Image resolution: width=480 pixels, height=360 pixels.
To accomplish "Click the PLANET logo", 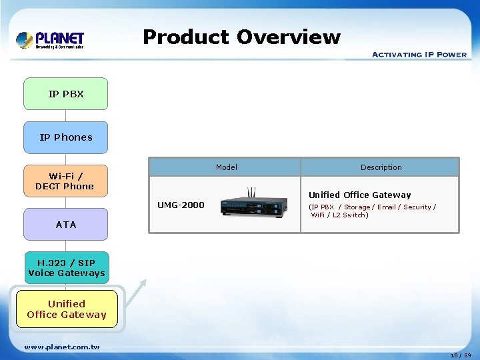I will point(50,39).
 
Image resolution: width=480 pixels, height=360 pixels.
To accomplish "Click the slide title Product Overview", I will point(241,37).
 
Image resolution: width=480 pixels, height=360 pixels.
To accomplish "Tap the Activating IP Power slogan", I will point(419,55).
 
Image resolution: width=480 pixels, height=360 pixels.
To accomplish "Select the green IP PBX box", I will point(65,94).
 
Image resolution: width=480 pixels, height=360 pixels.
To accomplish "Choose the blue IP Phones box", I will point(65,137).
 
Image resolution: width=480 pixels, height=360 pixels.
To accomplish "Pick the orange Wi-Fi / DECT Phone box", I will point(65,181).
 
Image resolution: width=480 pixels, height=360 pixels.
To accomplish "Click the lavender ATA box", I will point(65,225).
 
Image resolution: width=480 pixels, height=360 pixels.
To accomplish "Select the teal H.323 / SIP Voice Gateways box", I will point(66,268).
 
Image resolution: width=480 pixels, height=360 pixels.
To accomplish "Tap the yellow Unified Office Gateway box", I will point(67,309).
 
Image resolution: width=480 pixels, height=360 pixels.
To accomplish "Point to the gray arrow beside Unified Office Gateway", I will point(137,293).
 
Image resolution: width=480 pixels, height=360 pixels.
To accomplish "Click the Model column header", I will point(226,167).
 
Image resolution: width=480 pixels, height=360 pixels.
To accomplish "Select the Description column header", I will point(381,167).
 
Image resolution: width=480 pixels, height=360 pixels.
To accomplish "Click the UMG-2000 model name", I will point(181,205).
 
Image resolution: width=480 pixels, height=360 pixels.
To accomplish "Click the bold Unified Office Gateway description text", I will point(359,195).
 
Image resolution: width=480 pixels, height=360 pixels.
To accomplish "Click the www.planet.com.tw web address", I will point(62,347).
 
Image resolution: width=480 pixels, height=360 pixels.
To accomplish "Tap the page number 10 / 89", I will point(460,355).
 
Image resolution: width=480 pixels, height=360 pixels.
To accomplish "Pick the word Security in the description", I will point(417,207).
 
